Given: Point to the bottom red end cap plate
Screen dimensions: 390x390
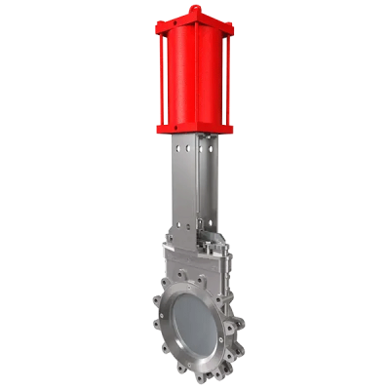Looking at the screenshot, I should pyautogui.click(x=196, y=126).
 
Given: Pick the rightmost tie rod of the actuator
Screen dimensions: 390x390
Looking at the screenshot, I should pyautogui.click(x=230, y=78).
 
